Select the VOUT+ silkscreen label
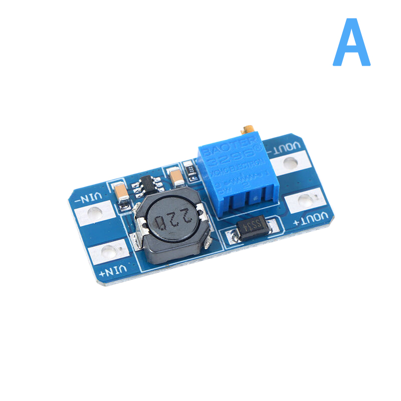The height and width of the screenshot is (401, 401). click(313, 218)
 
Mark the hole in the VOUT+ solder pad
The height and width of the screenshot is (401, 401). click(305, 201)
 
